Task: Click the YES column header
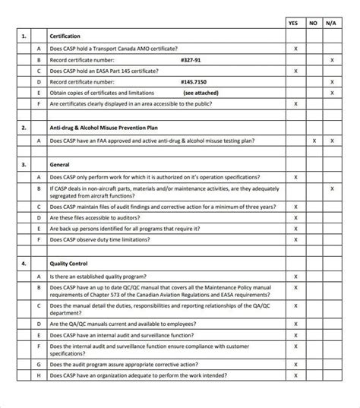(295, 23)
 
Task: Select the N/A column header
(332, 23)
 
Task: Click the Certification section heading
(65, 36)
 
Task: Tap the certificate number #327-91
(191, 59)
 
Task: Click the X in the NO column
(314, 141)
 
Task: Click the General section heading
(60, 165)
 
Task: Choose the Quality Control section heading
(70, 264)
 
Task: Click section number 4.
(24, 264)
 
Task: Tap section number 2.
(24, 128)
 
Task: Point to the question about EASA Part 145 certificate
(104, 71)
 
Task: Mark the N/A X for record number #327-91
(332, 59)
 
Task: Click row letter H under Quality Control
(39, 375)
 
